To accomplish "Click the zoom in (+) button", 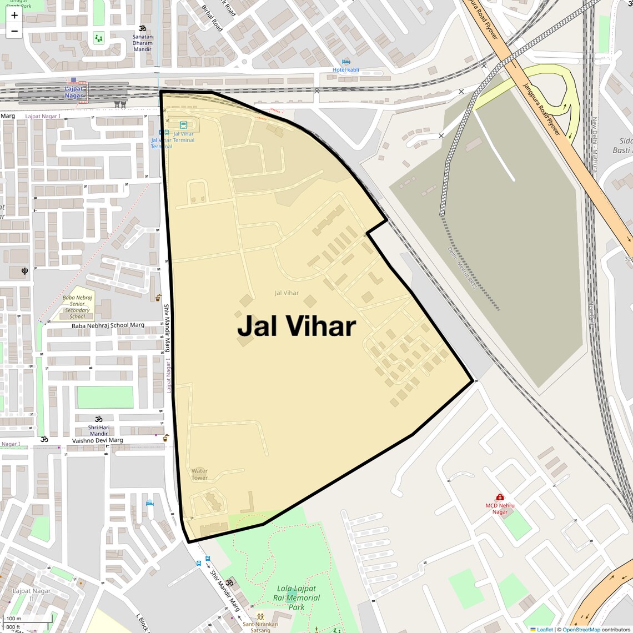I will tap(14, 16).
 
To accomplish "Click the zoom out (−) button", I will tap(14, 31).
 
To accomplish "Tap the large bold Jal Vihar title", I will tap(297, 326).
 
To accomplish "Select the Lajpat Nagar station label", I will tap(74, 92).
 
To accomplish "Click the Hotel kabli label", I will tap(346, 70).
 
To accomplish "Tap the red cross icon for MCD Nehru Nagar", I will tap(500, 497).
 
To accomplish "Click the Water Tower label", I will tap(199, 474).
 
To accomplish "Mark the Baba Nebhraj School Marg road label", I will tap(108, 325).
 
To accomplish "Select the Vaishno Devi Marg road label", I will tap(98, 440).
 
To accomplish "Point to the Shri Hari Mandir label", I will tap(99, 430).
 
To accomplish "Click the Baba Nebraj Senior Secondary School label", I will tap(77, 307).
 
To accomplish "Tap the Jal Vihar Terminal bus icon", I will tap(183, 125).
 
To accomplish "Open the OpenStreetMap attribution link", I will tap(581, 630).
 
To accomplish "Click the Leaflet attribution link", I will tap(545, 630).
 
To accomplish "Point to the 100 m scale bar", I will tap(28, 619).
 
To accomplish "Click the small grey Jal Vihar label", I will tap(287, 293).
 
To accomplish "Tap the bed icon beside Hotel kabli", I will tap(346, 62).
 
